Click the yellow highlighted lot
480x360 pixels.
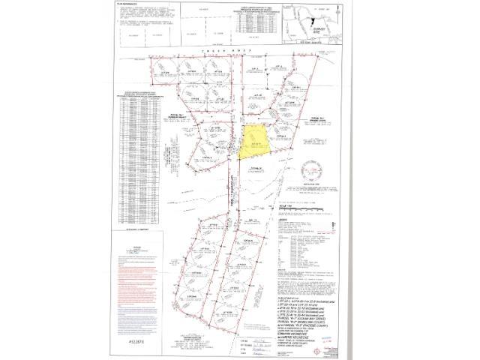tap(256, 142)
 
